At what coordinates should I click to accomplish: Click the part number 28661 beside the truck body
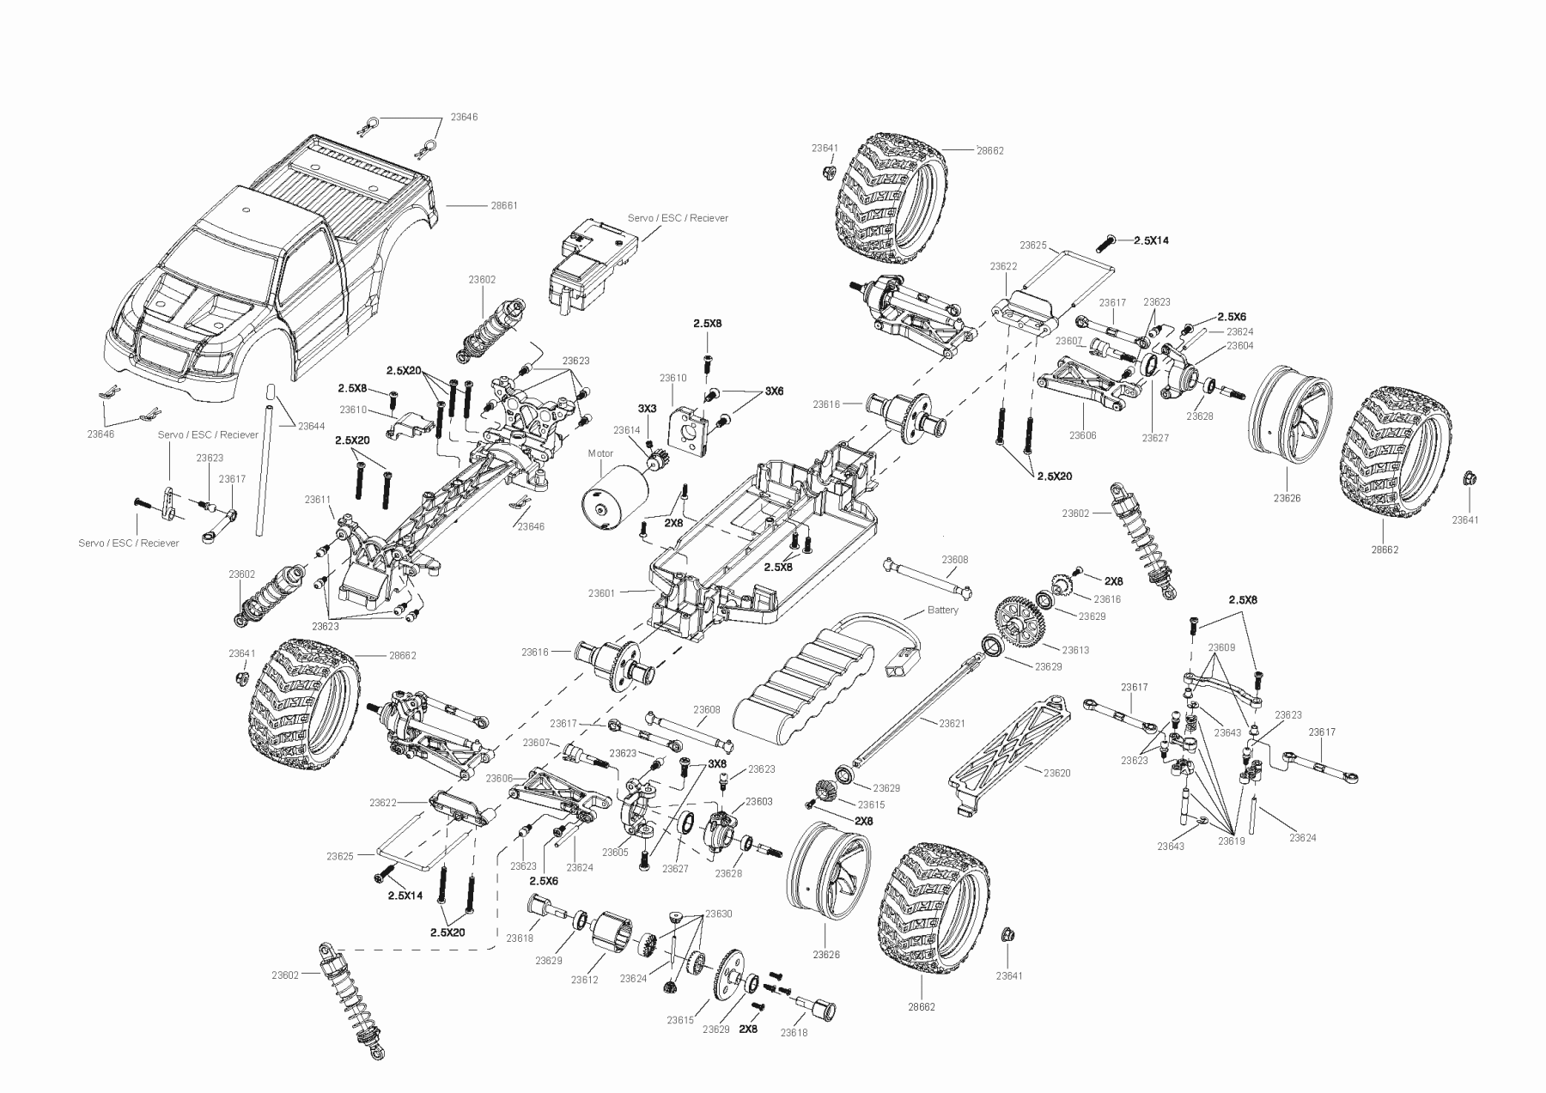(504, 206)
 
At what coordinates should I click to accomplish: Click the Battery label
(943, 610)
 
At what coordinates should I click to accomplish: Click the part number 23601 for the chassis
(602, 593)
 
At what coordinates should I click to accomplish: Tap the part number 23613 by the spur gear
(1075, 650)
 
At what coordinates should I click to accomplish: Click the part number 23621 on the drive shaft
(953, 724)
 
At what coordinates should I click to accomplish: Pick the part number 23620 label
(1057, 773)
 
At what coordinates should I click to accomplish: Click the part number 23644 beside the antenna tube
(312, 426)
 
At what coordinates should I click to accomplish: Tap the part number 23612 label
(584, 980)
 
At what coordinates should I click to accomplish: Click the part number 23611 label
(318, 499)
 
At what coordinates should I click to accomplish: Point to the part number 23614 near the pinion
(627, 429)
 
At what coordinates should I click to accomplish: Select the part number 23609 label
(1221, 647)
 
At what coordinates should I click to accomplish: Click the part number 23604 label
(1240, 345)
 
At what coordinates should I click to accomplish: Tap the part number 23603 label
(759, 801)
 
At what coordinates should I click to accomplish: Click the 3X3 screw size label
(648, 408)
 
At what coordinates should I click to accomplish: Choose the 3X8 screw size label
(717, 764)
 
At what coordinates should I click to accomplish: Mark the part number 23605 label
(616, 853)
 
